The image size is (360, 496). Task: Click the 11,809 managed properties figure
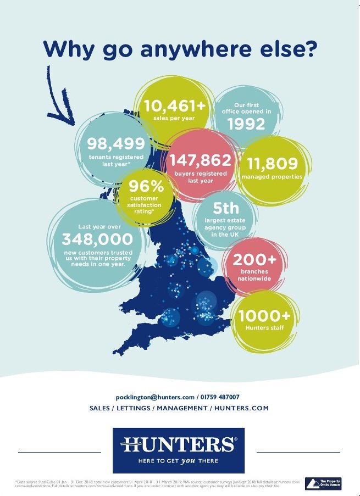272,163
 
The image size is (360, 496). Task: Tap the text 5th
226,208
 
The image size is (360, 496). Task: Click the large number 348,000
97,239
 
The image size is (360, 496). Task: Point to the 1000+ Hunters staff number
264,315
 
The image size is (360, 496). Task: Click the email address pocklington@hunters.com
155,397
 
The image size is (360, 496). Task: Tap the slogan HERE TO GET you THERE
178,461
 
